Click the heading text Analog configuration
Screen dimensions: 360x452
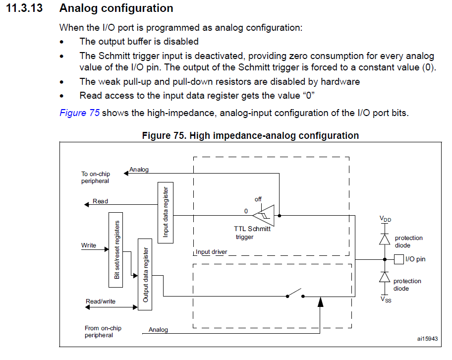116,8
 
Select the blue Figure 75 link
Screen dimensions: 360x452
79,113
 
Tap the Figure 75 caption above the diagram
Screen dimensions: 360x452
250,135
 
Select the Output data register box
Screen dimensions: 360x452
145,274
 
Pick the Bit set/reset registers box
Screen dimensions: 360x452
116,249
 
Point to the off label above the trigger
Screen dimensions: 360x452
258,199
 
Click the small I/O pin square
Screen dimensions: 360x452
398,259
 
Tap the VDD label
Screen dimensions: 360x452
385,219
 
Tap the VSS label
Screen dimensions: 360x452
385,299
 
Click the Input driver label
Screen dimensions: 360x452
212,252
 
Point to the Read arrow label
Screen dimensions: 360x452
100,201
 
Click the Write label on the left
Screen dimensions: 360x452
89,245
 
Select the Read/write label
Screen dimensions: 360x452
101,301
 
